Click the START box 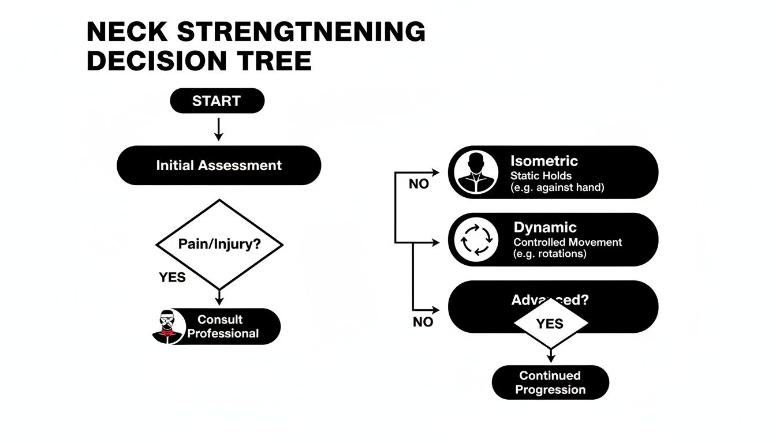point(217,101)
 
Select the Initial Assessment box point(219,166)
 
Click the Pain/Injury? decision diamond point(219,244)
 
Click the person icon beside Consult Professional point(167,327)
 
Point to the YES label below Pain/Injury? point(172,277)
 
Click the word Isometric point(544,161)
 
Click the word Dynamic point(544,227)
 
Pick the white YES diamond point(550,324)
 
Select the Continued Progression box point(550,382)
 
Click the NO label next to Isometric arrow point(419,184)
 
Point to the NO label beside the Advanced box point(423,322)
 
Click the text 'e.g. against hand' point(557,187)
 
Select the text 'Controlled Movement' point(568,242)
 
